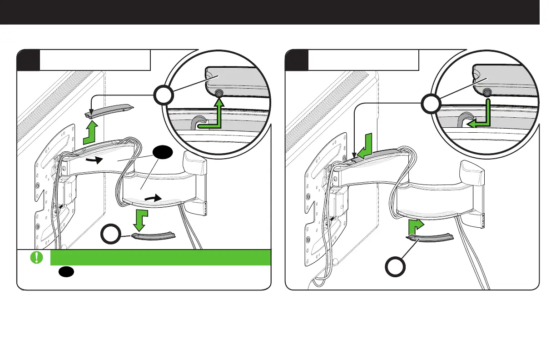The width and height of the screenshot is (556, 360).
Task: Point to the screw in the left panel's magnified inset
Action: (x=218, y=93)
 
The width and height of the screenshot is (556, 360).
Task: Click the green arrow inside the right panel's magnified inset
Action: (x=482, y=116)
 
